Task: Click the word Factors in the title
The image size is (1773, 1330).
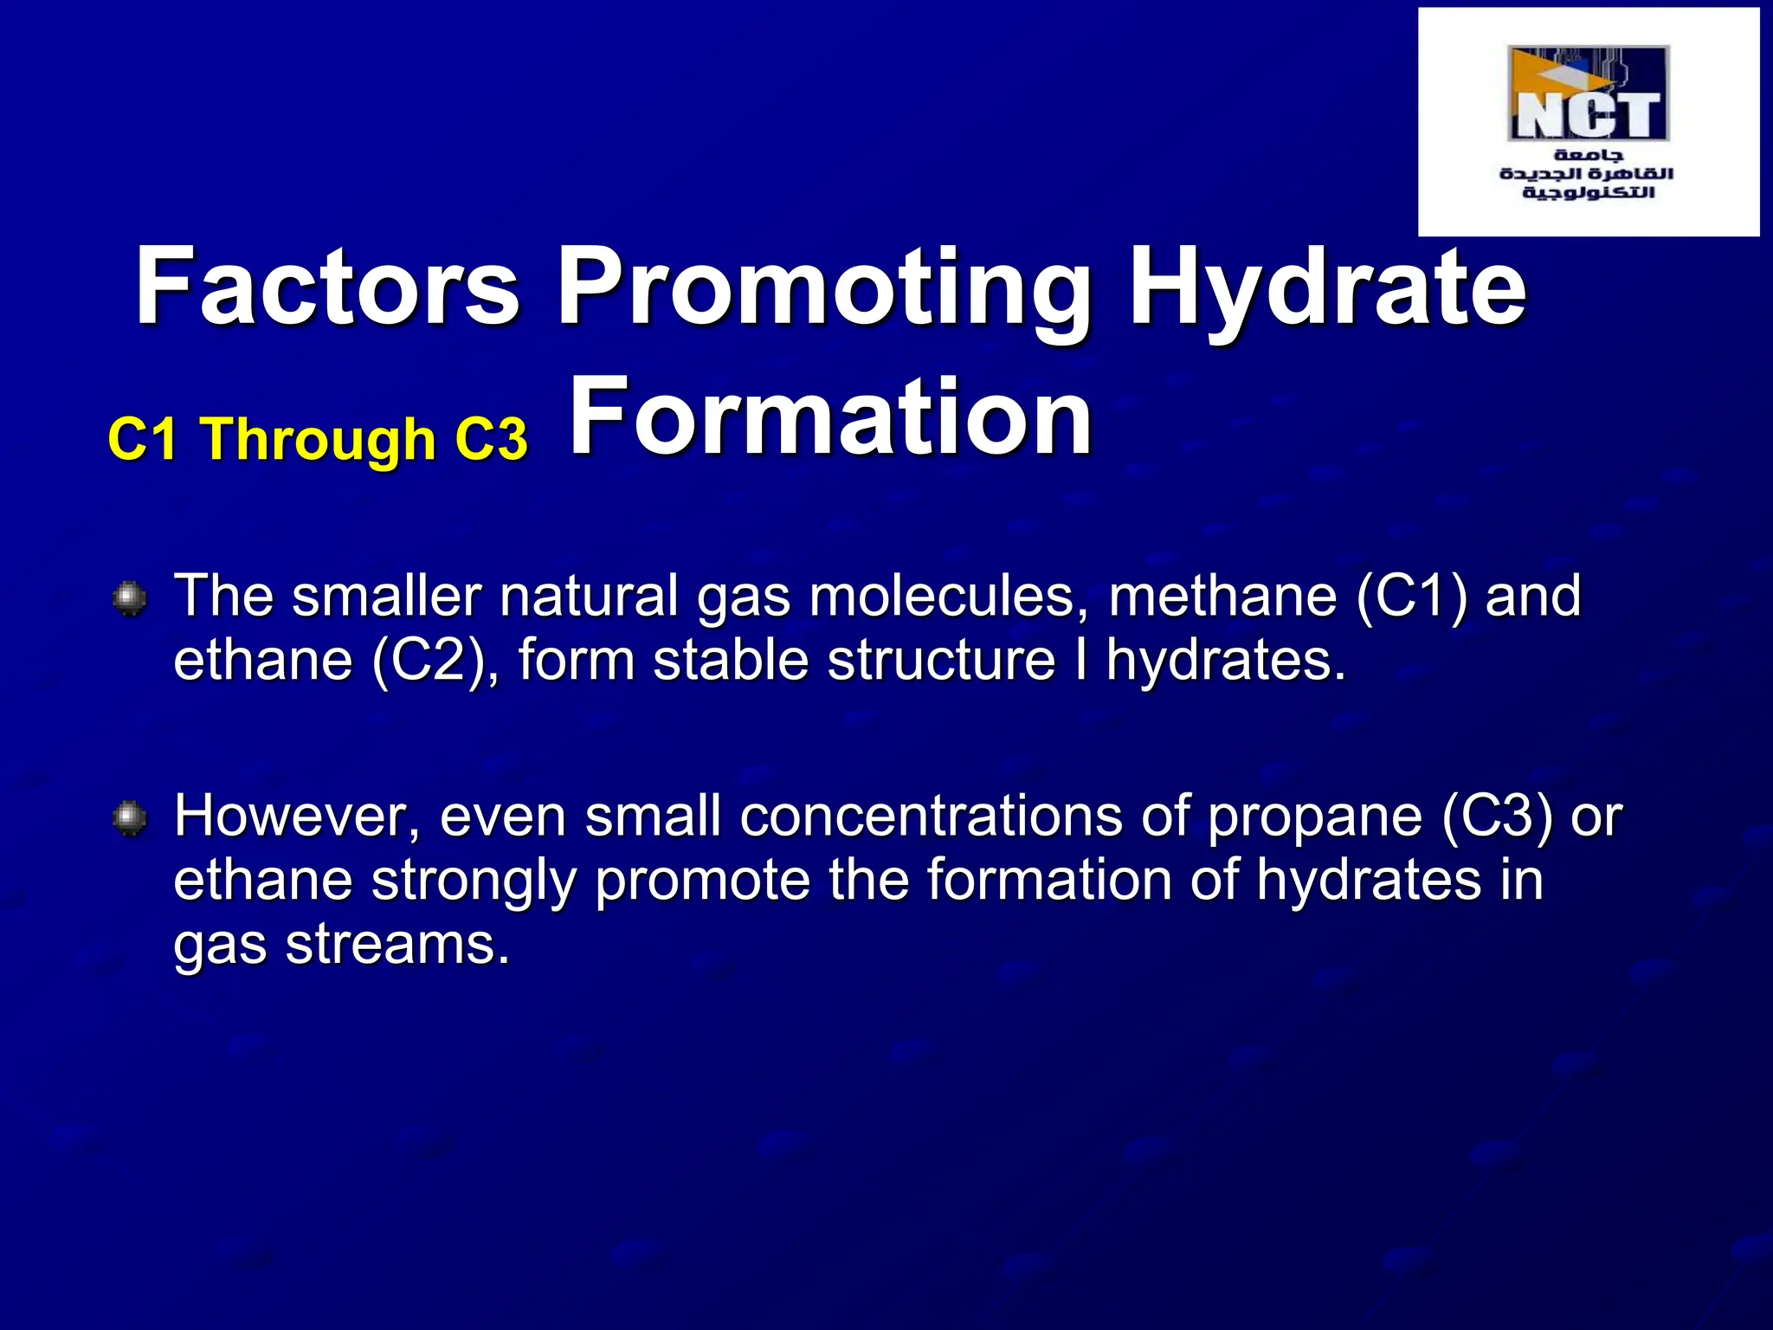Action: (328, 287)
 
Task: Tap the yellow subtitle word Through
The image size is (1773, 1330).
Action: (319, 439)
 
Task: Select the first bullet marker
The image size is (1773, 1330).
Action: (130, 598)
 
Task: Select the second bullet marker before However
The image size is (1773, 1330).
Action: (130, 818)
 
